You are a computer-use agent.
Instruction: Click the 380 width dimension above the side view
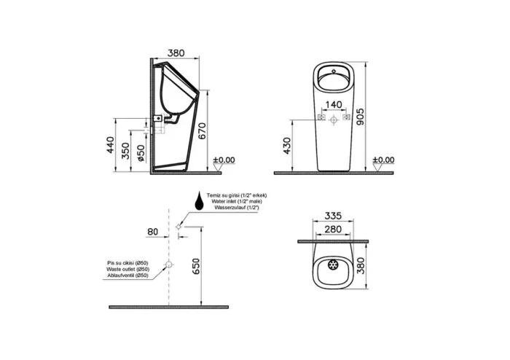[x=176, y=52]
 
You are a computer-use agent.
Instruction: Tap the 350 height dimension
[x=125, y=152]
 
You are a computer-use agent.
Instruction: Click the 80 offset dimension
[x=152, y=232]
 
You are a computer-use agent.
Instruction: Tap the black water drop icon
[x=198, y=200]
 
